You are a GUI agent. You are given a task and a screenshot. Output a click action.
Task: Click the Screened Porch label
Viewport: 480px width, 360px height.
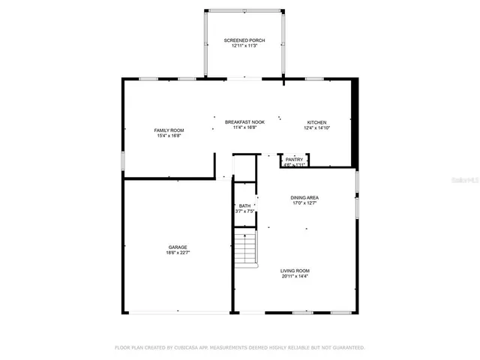click(244, 40)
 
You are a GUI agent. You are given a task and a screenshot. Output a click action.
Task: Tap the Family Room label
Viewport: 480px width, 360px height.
click(169, 130)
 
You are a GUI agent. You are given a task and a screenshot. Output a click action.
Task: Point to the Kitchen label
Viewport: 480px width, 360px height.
click(316, 122)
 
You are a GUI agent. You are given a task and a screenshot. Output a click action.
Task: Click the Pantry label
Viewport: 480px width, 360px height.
click(294, 159)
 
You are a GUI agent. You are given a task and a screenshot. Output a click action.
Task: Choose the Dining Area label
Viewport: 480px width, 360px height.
click(304, 197)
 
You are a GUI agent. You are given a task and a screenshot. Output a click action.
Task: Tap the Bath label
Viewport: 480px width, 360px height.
click(244, 205)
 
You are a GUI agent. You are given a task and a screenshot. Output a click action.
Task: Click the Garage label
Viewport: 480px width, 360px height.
click(178, 247)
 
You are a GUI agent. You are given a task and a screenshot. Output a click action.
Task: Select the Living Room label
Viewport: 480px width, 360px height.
click(295, 271)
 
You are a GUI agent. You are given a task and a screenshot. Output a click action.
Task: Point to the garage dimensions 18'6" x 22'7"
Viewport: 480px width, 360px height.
click(178, 253)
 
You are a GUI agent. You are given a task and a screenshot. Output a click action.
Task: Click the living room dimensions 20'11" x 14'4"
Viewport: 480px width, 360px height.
click(295, 277)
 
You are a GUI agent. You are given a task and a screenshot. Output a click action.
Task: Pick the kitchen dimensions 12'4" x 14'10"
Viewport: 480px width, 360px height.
click(316, 128)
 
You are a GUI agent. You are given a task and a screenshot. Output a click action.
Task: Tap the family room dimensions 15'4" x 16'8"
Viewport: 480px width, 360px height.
click(169, 136)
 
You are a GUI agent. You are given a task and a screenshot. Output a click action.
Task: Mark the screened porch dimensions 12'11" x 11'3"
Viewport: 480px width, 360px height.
click(244, 46)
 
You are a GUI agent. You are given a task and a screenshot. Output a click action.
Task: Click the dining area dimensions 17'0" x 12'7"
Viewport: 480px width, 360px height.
click(304, 203)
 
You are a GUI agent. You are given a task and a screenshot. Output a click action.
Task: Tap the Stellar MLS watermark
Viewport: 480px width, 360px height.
click(463, 181)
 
